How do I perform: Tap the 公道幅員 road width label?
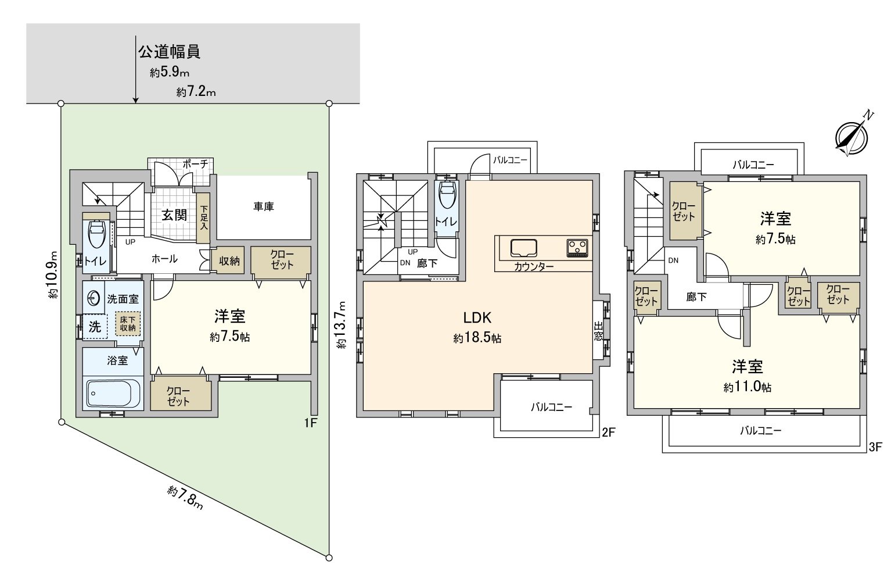pos(169,52)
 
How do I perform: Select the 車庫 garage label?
pos(263,206)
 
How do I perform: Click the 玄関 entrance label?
pos(174,215)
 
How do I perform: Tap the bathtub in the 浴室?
pos(114,394)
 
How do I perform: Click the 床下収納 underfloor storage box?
pos(128,324)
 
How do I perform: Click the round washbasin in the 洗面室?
pos(94,299)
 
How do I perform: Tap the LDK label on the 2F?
pos(477,317)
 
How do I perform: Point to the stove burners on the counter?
pos(577,247)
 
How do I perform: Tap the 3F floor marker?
pos(875,447)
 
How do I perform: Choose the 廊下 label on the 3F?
pos(696,297)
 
